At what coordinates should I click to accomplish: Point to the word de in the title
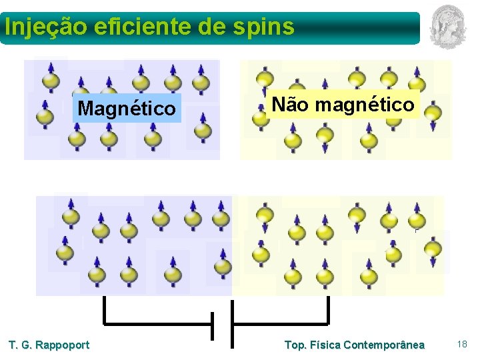coord(218,27)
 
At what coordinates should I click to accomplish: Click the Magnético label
coord(127,108)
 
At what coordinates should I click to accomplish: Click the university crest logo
coord(447,27)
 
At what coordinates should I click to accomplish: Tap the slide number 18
coord(462,344)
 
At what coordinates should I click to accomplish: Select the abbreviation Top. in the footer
coord(295,345)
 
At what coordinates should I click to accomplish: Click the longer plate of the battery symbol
coord(231,324)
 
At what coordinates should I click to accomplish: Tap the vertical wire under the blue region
coord(104,310)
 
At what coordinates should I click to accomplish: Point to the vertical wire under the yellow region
coord(329,310)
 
